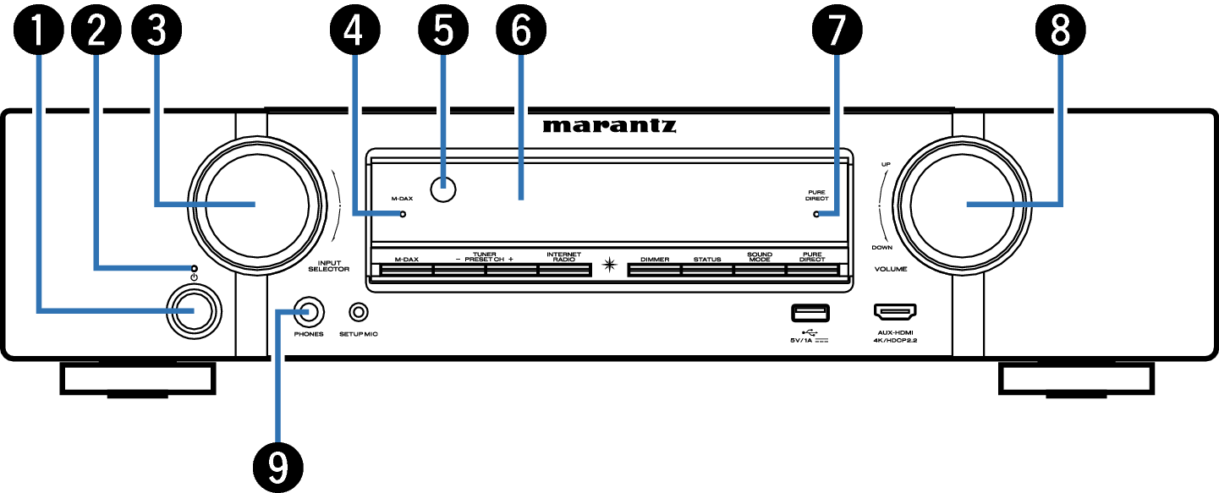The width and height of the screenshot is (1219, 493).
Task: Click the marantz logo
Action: pyautogui.click(x=609, y=126)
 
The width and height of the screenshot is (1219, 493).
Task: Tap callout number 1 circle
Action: pyautogui.click(x=39, y=30)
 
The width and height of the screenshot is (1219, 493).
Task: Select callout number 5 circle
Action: pyautogui.click(x=443, y=30)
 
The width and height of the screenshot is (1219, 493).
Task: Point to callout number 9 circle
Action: pyautogui.click(x=278, y=468)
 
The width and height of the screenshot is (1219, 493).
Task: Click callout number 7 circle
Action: pyautogui.click(x=837, y=30)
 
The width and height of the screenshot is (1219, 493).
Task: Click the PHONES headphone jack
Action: pyautogui.click(x=309, y=312)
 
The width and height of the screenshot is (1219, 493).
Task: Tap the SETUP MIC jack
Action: pyautogui.click(x=358, y=312)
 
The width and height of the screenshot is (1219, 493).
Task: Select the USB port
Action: pyautogui.click(x=810, y=314)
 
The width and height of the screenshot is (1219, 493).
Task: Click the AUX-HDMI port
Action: pyautogui.click(x=895, y=312)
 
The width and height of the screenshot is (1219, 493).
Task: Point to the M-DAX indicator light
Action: pyautogui.click(x=403, y=215)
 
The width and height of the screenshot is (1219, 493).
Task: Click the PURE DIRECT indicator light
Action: pyautogui.click(x=815, y=215)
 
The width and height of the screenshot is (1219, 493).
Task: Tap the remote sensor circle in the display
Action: pyautogui.click(x=443, y=189)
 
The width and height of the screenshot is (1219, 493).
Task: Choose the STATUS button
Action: pyautogui.click(x=707, y=270)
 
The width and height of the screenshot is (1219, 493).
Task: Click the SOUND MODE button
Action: pyautogui.click(x=760, y=270)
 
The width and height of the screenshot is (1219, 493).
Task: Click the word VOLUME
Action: pyautogui.click(x=891, y=269)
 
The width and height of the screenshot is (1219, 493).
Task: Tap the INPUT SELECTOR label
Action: pyautogui.click(x=329, y=266)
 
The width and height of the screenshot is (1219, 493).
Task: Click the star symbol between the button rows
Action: pyautogui.click(x=609, y=265)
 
